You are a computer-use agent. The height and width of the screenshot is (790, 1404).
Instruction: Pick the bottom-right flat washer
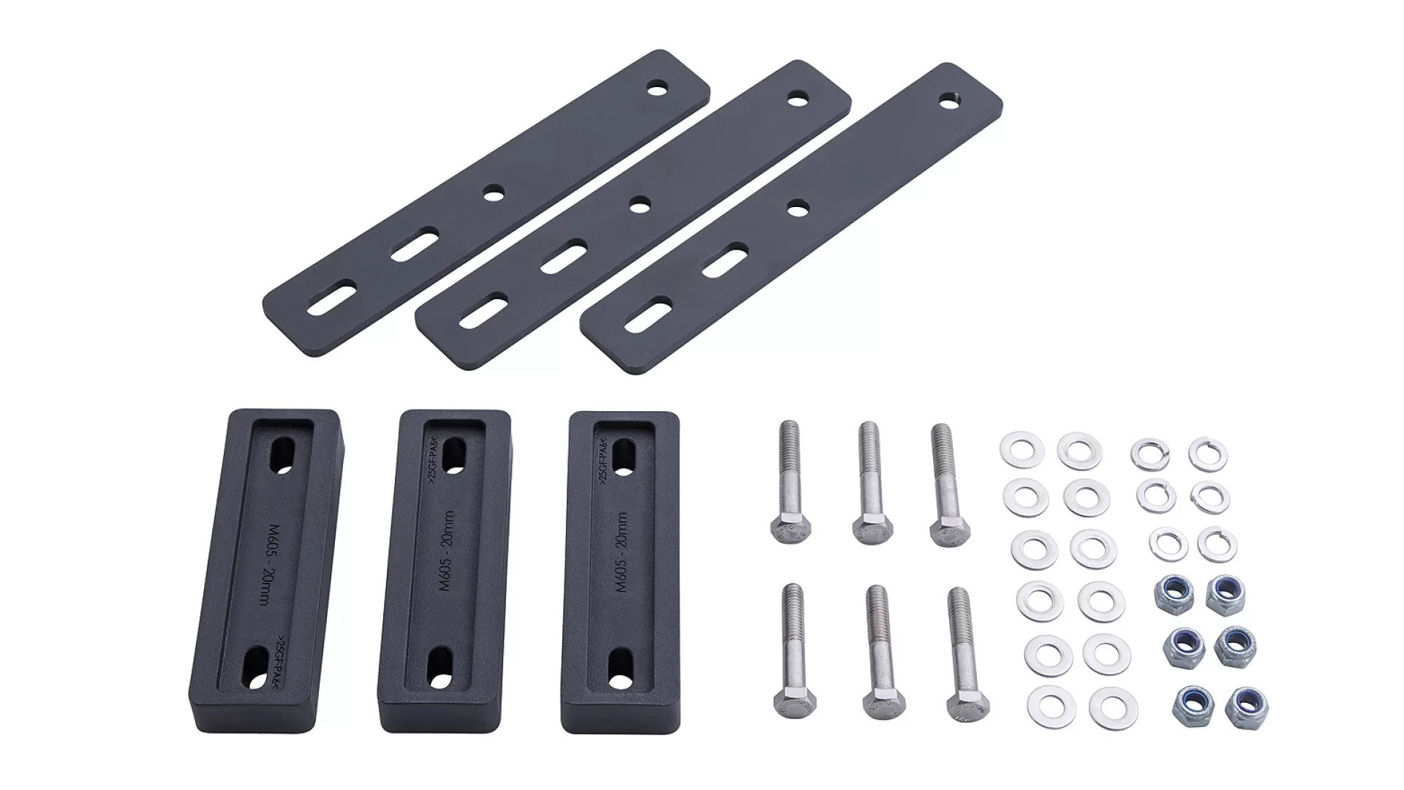[1108, 708]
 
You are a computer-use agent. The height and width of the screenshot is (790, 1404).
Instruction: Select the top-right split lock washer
[1207, 454]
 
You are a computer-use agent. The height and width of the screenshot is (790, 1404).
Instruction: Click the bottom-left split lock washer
[1168, 543]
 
